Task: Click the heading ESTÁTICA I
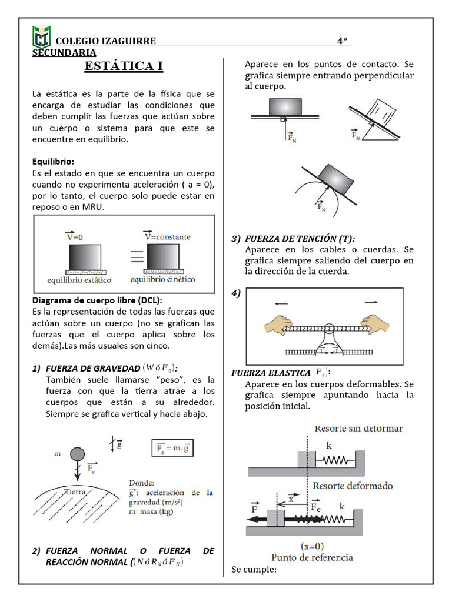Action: pyautogui.click(x=124, y=66)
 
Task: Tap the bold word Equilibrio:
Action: pyautogui.click(x=54, y=162)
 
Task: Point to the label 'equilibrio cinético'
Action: pyautogui.click(x=163, y=280)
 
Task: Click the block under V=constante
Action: pyautogui.click(x=163, y=256)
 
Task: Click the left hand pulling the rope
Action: pyautogui.click(x=278, y=324)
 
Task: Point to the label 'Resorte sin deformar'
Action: pyautogui.click(x=359, y=429)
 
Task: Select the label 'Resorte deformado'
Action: pyautogui.click(x=353, y=486)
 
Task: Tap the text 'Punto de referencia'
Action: pyautogui.click(x=312, y=557)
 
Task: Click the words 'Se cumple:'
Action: pyautogui.click(x=254, y=570)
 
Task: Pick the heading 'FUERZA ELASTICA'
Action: pyautogui.click(x=271, y=373)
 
